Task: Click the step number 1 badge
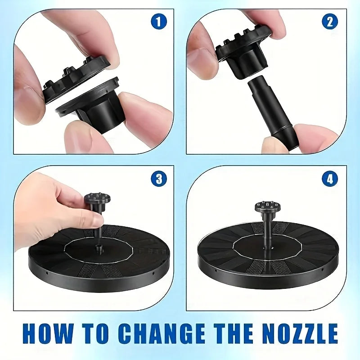point(159,21)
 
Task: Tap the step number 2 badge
point(330,22)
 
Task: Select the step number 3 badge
point(159,179)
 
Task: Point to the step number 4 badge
point(330,179)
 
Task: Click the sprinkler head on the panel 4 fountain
point(267,208)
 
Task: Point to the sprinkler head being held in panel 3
point(97,200)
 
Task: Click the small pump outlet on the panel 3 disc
point(99,249)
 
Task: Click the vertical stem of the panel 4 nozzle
point(267,232)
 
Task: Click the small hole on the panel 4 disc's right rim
point(322,269)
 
